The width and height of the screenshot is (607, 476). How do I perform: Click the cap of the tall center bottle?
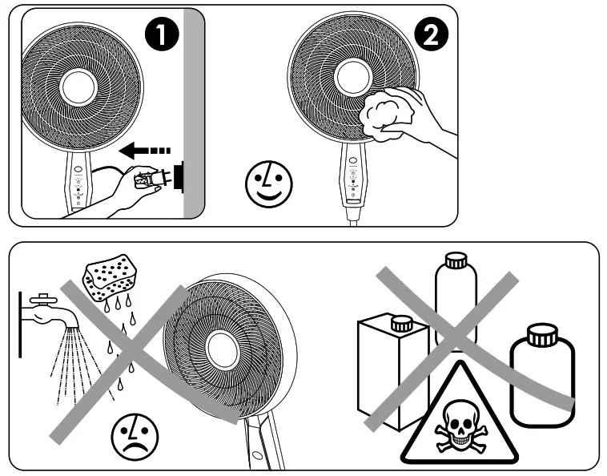click(455, 260)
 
